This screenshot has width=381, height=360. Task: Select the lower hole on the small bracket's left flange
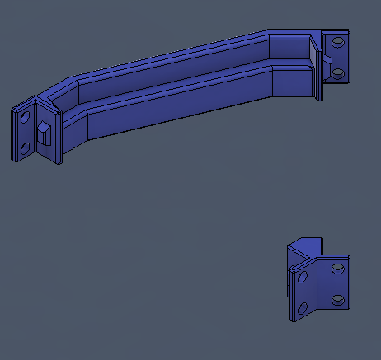click(302, 309)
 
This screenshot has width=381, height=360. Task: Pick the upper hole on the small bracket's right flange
click(336, 268)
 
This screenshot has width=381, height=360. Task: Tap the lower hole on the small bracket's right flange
click(336, 298)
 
